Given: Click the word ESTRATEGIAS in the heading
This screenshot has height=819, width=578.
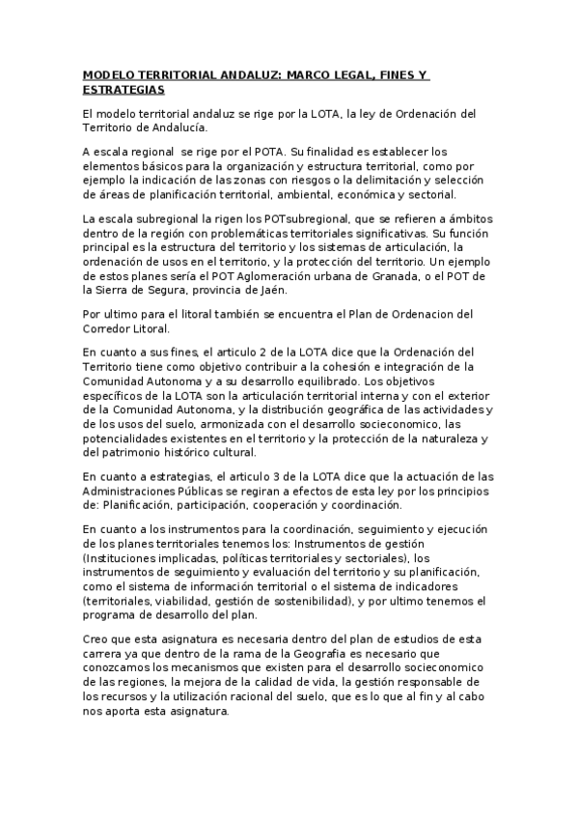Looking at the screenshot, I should (124, 90).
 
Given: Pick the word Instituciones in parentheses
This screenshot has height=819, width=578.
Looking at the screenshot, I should (125, 558).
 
